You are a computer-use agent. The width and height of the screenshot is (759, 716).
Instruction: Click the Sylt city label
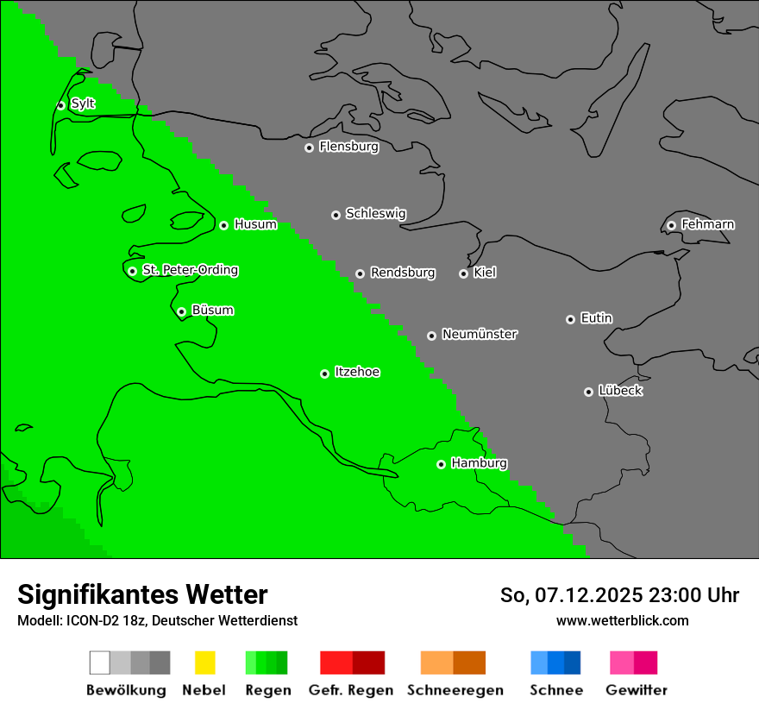tap(83, 104)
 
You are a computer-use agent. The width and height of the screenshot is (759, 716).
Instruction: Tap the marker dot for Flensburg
tap(309, 148)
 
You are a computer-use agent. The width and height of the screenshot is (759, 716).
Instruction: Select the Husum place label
tap(255, 225)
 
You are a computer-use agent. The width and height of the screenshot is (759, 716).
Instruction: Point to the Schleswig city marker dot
tap(336, 215)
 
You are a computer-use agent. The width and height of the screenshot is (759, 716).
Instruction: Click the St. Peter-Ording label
tap(190, 271)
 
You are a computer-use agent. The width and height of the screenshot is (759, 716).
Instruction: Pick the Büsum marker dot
tap(181, 311)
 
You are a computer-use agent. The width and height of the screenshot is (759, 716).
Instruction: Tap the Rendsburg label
tap(403, 273)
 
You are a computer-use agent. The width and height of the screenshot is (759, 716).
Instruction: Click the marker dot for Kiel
tap(463, 273)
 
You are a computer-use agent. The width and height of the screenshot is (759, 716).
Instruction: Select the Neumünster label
tap(480, 335)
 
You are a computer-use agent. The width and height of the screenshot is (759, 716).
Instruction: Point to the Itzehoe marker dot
tap(324, 374)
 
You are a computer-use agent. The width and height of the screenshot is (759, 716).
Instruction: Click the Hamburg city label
tap(479, 464)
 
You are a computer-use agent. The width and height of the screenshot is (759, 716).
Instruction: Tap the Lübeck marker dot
tap(588, 392)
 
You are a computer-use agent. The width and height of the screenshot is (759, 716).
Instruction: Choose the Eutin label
tap(596, 319)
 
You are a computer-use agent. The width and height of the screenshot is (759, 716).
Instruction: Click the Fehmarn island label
tap(707, 225)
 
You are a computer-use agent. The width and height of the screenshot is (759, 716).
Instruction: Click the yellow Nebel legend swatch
tap(204, 663)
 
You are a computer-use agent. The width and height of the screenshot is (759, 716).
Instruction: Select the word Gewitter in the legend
tap(637, 690)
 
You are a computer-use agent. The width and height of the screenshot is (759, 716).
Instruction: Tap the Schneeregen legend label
tap(455, 690)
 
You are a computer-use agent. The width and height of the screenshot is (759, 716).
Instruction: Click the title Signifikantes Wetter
tap(142, 594)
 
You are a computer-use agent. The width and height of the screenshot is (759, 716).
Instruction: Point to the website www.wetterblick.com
tap(622, 620)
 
